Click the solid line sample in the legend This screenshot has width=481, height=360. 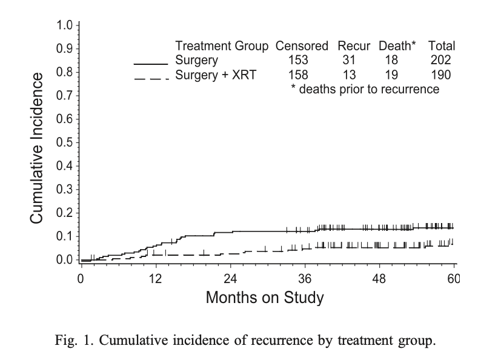(150, 62)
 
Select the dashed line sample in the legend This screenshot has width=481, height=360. (150, 77)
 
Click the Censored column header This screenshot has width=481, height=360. (302, 46)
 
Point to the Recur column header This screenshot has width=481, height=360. (354, 46)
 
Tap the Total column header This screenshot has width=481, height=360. (442, 46)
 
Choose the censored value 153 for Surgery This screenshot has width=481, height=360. (299, 60)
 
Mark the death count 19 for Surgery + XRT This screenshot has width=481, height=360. (392, 75)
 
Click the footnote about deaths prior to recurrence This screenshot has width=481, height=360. (365, 90)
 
